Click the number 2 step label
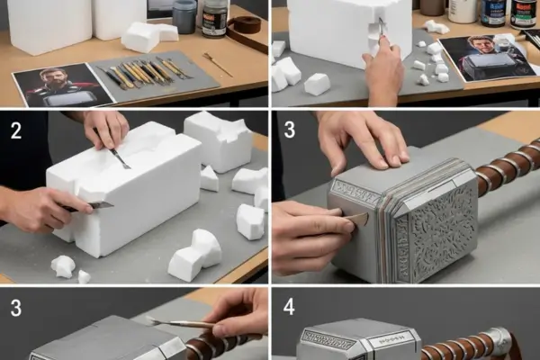click(16, 130)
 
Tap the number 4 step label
click(289, 307)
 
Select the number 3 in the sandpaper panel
click(289, 130)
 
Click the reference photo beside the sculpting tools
click(62, 85)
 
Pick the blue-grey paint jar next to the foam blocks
click(184, 16)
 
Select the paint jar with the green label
click(523, 13)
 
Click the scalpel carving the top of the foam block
click(119, 157)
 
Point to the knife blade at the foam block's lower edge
click(100, 205)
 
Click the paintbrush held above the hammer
click(179, 323)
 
